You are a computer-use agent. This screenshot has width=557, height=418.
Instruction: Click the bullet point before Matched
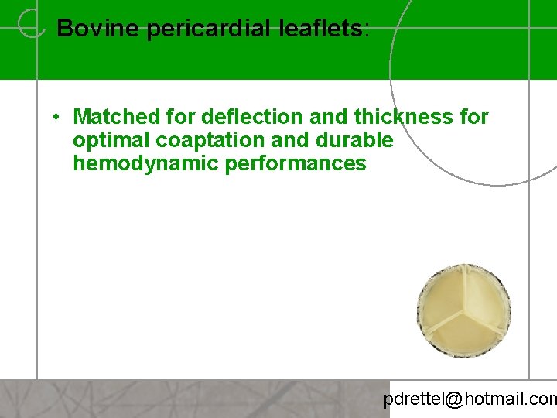click(x=57, y=118)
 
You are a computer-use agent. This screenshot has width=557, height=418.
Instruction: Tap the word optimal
click(x=108, y=140)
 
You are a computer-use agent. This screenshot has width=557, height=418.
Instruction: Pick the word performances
click(x=296, y=163)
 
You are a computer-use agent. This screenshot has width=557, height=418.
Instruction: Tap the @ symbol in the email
click(x=454, y=399)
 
